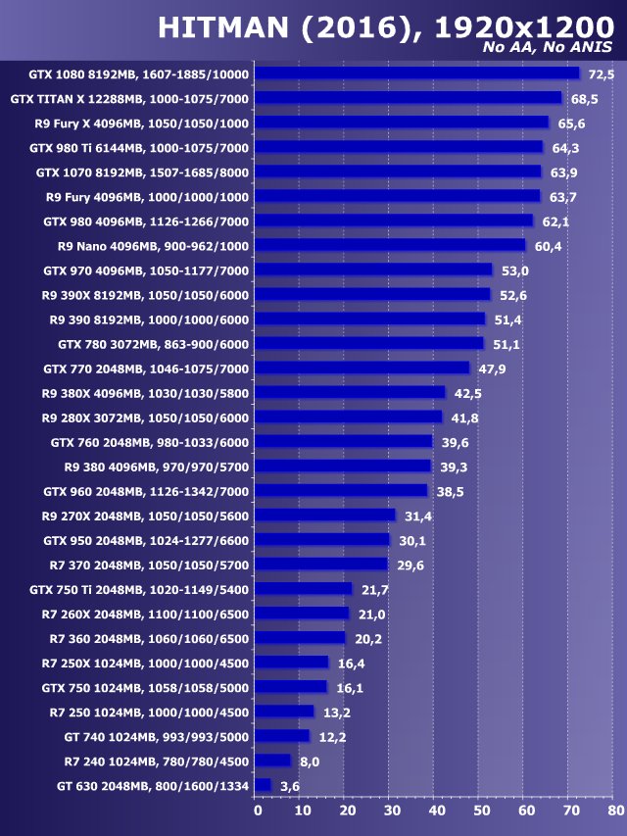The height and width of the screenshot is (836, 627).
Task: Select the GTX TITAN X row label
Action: click(129, 99)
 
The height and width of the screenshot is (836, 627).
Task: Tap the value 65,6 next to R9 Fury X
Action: click(571, 123)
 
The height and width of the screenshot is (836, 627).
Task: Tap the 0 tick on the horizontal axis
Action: click(258, 811)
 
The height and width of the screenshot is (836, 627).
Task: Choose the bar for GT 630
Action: click(263, 785)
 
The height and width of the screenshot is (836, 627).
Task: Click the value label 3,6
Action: click(290, 786)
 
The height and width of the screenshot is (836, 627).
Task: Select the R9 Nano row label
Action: click(154, 246)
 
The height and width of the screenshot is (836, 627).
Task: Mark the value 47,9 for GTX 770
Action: click(491, 369)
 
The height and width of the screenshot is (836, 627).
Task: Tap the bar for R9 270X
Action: click(325, 515)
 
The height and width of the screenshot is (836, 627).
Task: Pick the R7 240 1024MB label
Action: click(157, 761)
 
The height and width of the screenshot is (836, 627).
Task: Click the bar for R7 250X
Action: click(292, 663)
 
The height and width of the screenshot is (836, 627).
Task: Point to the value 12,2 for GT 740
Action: click(328, 737)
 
